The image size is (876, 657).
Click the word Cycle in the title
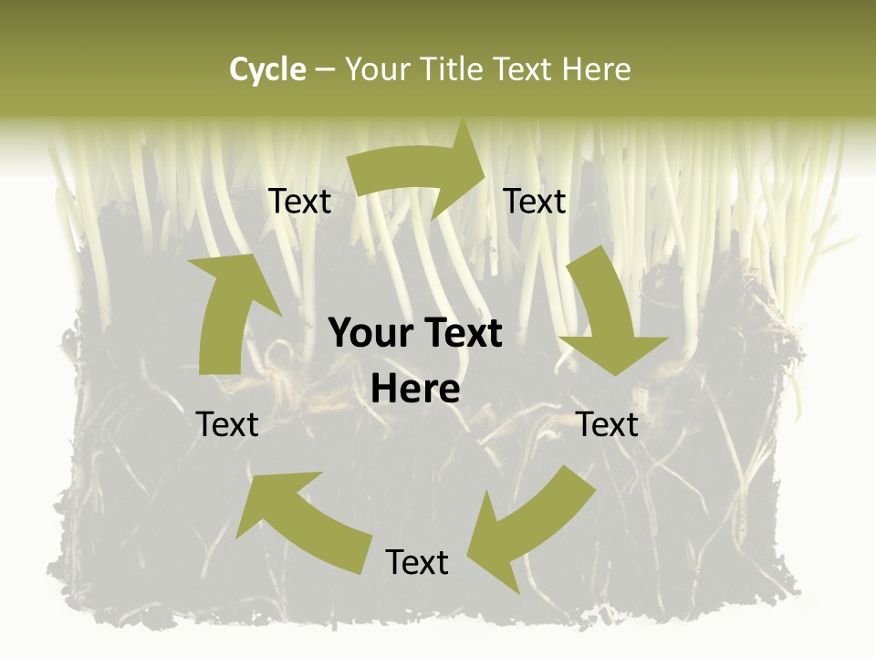(x=267, y=69)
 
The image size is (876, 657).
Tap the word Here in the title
(x=596, y=69)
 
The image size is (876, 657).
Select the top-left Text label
(x=299, y=202)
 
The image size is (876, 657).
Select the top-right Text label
(x=535, y=202)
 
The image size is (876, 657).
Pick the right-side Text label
(x=608, y=424)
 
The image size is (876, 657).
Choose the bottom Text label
(x=417, y=562)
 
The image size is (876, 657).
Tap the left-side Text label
(x=227, y=424)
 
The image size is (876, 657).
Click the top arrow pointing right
(x=420, y=173)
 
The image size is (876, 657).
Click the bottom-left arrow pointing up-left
(x=301, y=520)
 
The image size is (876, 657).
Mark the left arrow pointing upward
(x=228, y=310)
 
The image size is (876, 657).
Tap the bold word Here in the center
(x=416, y=389)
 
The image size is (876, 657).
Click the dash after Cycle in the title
(x=324, y=69)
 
